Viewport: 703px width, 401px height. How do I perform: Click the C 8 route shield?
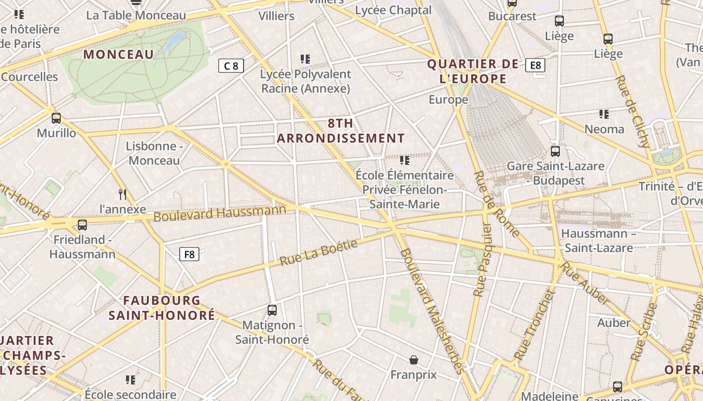coord(231,66)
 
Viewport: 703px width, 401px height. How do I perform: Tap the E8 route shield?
coord(535,65)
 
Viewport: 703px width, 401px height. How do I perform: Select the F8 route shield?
coord(189,255)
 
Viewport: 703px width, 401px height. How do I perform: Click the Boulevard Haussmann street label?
coord(219,213)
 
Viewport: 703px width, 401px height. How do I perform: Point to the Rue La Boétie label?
coord(318,253)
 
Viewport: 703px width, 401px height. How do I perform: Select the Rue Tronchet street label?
coord(533,326)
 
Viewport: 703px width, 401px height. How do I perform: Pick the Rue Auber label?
coord(584,283)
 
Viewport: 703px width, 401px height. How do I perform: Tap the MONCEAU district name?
coord(119,55)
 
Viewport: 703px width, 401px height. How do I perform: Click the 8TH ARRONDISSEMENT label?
coord(341,131)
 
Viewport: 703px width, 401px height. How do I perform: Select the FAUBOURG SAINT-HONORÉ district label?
coord(162,308)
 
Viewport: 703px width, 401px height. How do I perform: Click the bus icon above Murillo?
coord(56,118)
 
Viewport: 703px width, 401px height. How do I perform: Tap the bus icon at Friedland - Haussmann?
coord(82,225)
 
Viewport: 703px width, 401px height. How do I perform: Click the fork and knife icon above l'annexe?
coord(122,194)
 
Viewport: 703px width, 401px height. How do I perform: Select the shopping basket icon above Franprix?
coord(413,360)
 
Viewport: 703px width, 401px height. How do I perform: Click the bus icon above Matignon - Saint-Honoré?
coord(272,310)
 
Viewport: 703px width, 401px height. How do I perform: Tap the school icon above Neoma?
coord(604,114)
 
